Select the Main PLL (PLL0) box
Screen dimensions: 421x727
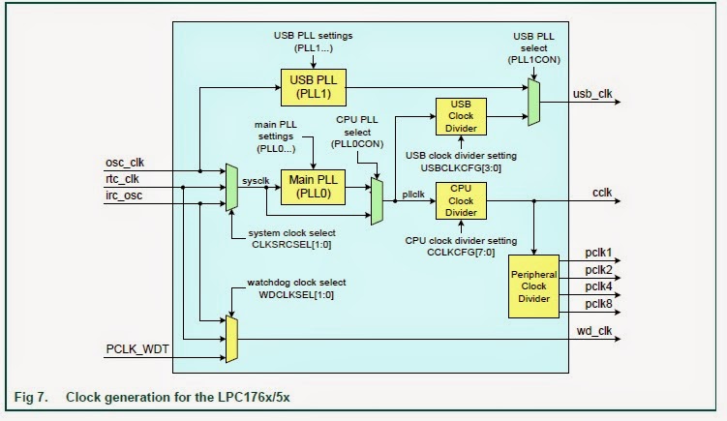click(x=312, y=185)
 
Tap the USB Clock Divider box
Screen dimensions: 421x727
click(x=462, y=117)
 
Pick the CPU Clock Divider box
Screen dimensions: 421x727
click(x=462, y=199)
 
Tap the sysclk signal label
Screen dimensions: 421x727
click(x=257, y=180)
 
